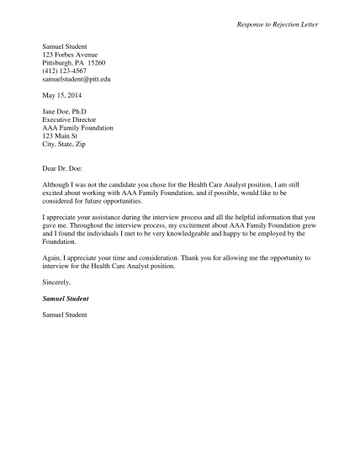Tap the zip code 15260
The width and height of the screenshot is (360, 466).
point(96,62)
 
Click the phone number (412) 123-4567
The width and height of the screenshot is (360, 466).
point(65,71)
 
